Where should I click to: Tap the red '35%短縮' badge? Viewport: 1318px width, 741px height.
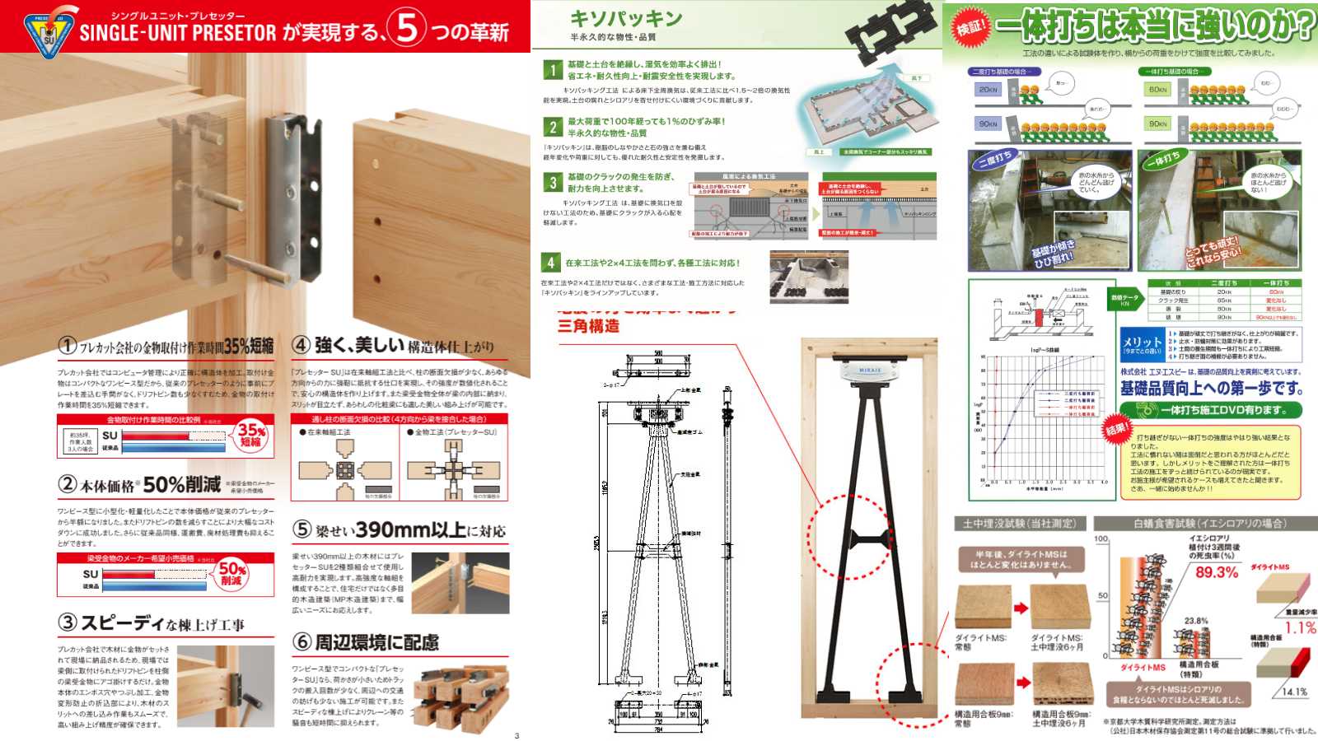(x=250, y=435)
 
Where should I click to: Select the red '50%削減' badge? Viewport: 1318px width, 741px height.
(x=231, y=574)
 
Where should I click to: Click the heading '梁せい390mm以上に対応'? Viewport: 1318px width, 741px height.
(x=400, y=531)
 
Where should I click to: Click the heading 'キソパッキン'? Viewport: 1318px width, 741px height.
(x=626, y=19)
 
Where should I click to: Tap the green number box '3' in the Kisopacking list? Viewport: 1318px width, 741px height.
(x=553, y=182)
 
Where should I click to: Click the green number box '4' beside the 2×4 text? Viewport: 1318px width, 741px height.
(x=550, y=263)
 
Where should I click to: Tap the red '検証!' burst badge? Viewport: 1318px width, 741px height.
(x=970, y=27)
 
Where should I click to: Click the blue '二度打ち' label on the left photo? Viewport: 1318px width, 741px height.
(x=995, y=159)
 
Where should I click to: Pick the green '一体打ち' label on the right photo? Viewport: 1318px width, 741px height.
(x=1162, y=159)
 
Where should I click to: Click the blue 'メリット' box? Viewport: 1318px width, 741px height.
(x=1142, y=344)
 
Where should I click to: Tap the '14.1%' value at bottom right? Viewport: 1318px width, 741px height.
(x=1294, y=692)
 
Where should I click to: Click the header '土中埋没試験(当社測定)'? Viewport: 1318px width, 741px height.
(x=1020, y=524)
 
